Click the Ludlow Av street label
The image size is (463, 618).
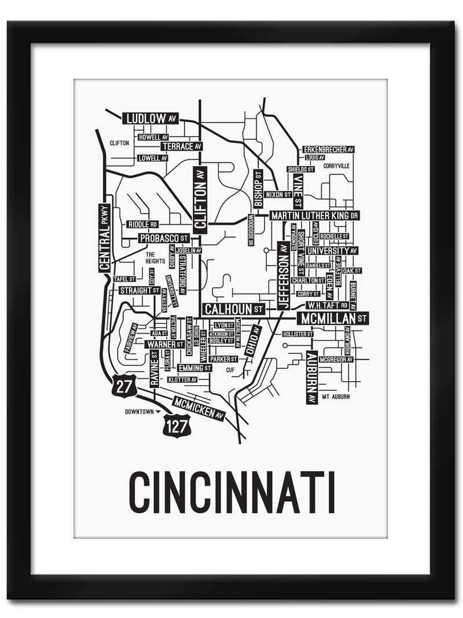150,119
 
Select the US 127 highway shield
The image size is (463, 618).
175,427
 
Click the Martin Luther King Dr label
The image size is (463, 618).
315,215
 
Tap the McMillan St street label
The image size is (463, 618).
332,318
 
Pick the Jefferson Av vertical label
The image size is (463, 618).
283,275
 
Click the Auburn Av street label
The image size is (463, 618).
311,377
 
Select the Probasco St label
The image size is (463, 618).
164,238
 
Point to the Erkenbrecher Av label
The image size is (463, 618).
328,149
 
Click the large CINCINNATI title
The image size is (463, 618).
231,492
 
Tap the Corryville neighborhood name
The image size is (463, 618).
336,166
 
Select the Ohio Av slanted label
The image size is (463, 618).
252,341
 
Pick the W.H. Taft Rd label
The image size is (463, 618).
326,305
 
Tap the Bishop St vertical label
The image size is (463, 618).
258,188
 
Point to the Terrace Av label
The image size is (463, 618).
181,147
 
